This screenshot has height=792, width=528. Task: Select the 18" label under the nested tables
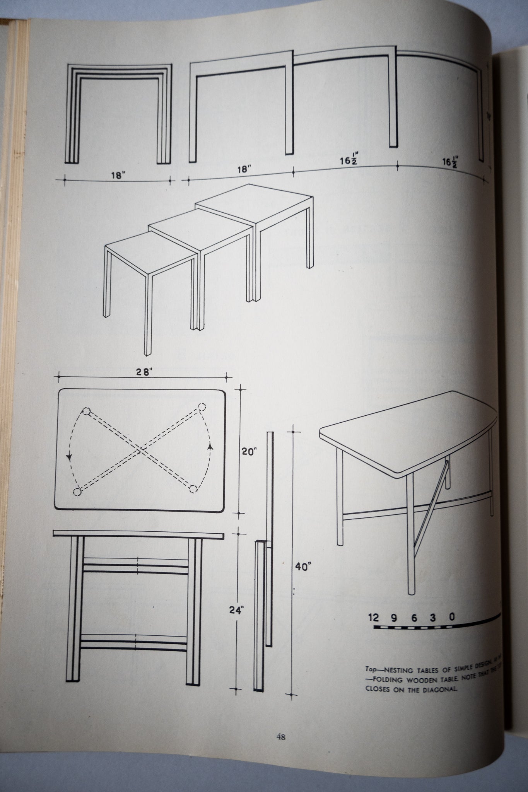118,174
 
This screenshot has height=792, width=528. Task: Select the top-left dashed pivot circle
86,411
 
